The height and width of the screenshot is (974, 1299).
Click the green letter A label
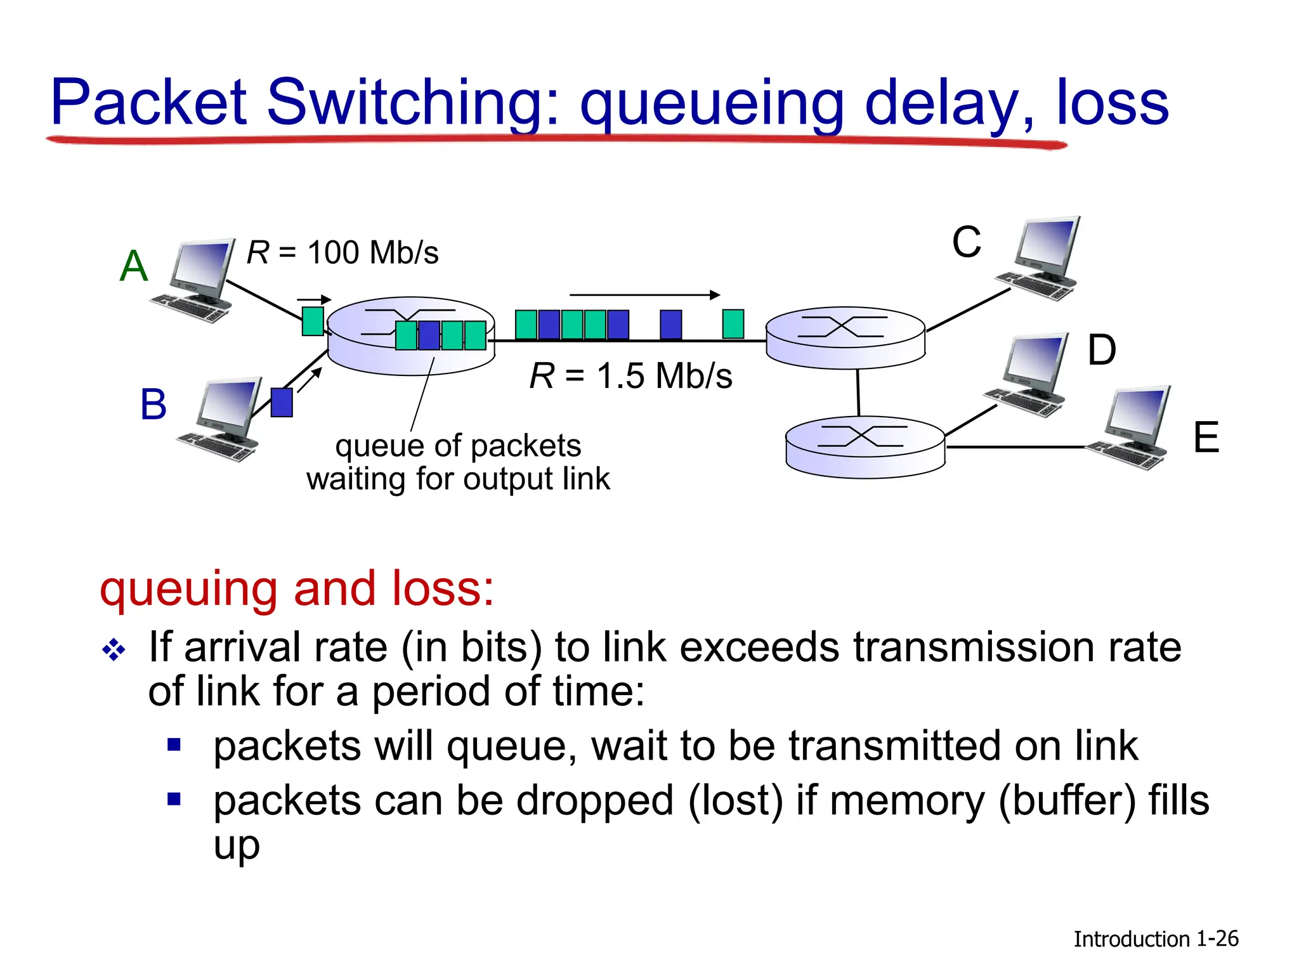point(134,266)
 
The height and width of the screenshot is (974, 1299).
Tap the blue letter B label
point(153,404)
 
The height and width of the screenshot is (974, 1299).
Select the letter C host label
point(966,242)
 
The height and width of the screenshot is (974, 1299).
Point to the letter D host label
point(1102,350)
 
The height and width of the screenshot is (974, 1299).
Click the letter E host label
point(1206,438)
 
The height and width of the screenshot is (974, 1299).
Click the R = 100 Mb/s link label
point(343,252)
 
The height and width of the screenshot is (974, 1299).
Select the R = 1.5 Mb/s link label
point(631,375)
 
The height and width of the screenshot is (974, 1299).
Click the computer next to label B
point(222,420)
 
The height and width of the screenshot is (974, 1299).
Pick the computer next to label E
point(1132,428)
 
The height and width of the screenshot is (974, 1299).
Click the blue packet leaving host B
point(282,403)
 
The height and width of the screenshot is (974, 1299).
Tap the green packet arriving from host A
point(313,321)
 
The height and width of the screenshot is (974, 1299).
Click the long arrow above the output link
point(644,295)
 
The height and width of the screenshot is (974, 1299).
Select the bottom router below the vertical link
point(865,446)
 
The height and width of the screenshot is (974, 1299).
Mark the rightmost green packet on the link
point(733,324)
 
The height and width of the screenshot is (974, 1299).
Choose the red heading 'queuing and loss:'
point(297,588)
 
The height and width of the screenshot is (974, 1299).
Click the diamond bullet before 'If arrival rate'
point(114,650)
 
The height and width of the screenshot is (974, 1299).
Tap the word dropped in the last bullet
point(594,800)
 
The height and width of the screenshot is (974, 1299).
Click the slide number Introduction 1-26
point(1156,938)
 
